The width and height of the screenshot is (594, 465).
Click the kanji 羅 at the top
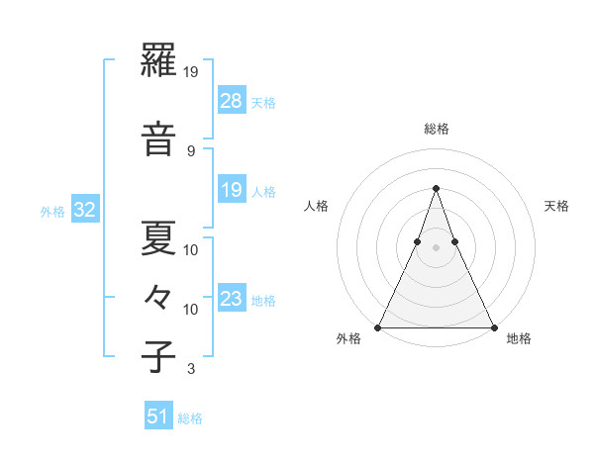(159, 66)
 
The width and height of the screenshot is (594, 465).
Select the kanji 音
(159, 139)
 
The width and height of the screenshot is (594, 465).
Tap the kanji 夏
(159, 237)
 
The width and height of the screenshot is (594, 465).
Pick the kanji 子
(159, 357)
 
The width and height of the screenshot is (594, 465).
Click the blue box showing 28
(231, 100)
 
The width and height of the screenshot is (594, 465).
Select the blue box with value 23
(231, 299)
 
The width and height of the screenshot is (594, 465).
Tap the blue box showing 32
(84, 210)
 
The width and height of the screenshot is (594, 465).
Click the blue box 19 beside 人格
(231, 190)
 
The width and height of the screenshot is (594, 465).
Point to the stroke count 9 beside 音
(190, 150)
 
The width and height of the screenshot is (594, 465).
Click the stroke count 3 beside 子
(190, 370)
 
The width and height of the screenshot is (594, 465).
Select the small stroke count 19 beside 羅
(192, 72)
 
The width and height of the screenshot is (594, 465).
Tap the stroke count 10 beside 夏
(192, 249)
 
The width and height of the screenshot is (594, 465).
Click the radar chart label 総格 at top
(436, 129)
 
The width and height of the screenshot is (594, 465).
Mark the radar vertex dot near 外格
(378, 326)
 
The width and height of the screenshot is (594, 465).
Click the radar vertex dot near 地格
(493, 326)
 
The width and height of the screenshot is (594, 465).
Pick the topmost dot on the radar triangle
(436, 188)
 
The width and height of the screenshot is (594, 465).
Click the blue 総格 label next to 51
(190, 418)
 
